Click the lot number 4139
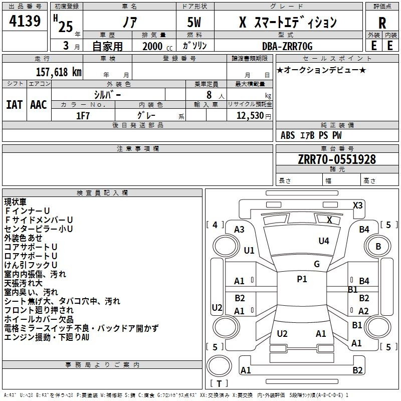(25, 21)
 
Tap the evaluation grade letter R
(382, 23)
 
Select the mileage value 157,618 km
(59, 72)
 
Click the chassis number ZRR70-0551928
(337, 159)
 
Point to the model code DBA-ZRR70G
(287, 46)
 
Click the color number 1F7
(83, 116)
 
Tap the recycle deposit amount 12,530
(250, 116)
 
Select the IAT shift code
(15, 105)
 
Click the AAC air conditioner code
(39, 105)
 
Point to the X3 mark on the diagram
(357, 206)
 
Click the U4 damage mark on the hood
(324, 241)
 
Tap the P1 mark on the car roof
(302, 279)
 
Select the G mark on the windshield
(317, 264)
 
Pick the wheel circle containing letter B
(378, 246)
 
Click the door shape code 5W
(194, 22)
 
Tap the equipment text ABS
(288, 135)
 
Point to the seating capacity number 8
(209, 95)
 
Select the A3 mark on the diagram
(239, 230)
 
